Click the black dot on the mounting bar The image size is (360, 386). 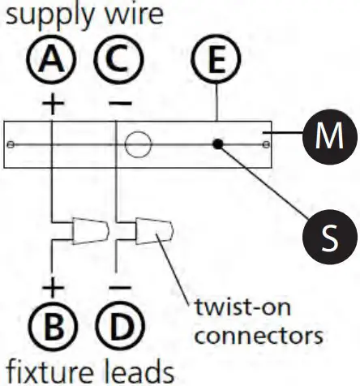pos(217,144)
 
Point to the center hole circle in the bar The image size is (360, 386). pos(139,144)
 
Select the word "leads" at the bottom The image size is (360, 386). pos(141,371)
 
